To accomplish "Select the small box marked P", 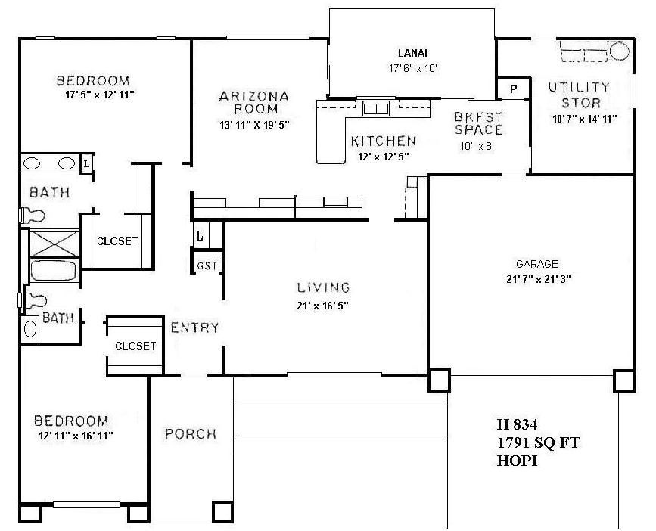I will (513, 88).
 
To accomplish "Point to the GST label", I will (207, 265).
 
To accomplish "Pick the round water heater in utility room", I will (620, 51).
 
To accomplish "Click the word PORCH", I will (191, 434).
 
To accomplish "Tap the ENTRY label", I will (194, 328).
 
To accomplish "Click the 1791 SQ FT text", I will (538, 442).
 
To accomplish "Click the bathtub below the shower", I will (52, 271).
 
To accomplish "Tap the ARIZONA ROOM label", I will (254, 102).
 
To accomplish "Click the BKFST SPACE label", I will (479, 123).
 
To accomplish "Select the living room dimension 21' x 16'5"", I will (323, 306).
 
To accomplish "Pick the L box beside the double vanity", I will (86, 163).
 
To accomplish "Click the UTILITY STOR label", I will (580, 95).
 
